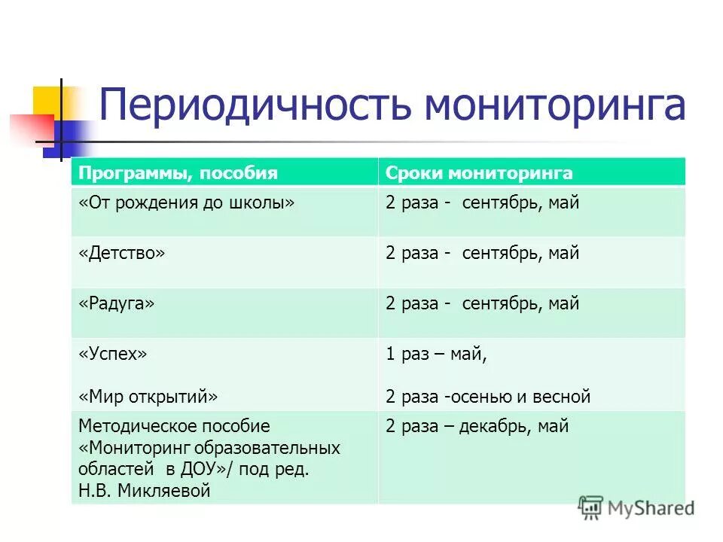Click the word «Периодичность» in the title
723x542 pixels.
point(255,105)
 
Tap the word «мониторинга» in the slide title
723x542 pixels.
point(554,105)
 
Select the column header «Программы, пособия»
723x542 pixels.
point(178,174)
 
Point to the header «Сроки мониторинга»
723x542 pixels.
point(479,174)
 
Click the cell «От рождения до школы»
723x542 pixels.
point(186,203)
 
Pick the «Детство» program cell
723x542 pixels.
point(121,254)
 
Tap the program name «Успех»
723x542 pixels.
point(112,355)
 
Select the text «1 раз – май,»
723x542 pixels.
point(436,355)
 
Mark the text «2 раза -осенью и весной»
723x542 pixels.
point(488,397)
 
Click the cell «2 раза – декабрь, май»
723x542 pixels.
point(477,427)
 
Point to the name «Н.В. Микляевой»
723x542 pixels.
point(144,492)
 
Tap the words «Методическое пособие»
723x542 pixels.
point(174,427)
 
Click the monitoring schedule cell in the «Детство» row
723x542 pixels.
point(482,254)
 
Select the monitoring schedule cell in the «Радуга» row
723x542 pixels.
point(482,304)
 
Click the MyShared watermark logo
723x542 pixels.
point(636,508)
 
